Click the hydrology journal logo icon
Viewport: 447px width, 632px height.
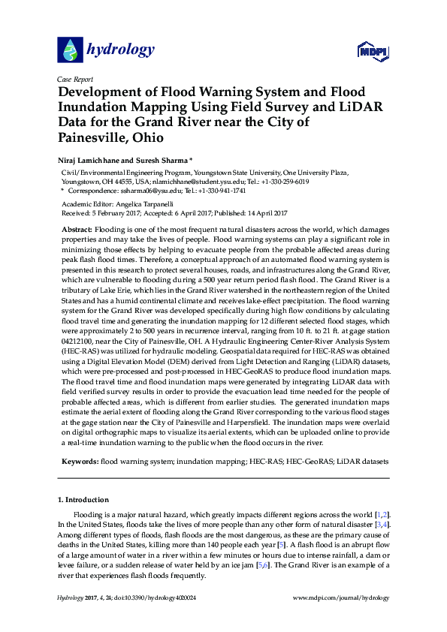point(70,50)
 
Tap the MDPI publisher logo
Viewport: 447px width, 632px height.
point(372,50)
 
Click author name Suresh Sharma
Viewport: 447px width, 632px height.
point(169,160)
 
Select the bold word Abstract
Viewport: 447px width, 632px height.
point(76,227)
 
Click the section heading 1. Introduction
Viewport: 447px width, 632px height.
point(83,499)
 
